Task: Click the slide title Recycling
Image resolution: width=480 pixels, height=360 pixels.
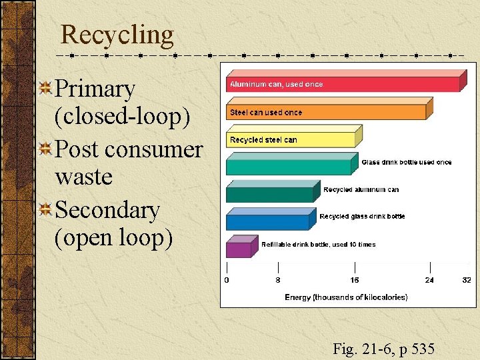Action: tap(117, 34)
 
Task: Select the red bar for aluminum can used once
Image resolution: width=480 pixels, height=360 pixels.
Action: tap(400, 84)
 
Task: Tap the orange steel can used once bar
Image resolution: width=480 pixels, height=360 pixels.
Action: tap(373, 112)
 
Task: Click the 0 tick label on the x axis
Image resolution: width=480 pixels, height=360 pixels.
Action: tap(227, 281)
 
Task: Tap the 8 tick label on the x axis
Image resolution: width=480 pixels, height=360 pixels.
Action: tap(277, 281)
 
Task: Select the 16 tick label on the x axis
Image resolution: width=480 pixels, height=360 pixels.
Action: tap(355, 281)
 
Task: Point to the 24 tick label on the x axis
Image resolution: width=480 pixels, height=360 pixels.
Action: tap(429, 281)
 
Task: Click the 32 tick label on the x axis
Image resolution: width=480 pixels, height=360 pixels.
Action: tap(467, 281)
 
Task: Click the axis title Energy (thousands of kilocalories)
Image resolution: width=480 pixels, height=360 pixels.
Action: tap(346, 297)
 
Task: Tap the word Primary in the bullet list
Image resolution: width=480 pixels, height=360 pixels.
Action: tap(95, 88)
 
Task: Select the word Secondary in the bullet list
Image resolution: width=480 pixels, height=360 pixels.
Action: tap(108, 210)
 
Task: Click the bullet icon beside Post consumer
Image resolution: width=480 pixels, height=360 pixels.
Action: tap(46, 149)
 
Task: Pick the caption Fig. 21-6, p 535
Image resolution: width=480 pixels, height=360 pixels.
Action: tap(383, 348)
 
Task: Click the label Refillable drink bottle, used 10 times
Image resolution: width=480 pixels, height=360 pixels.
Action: tap(318, 245)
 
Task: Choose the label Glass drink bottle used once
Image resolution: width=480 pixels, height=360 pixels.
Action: tap(406, 162)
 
